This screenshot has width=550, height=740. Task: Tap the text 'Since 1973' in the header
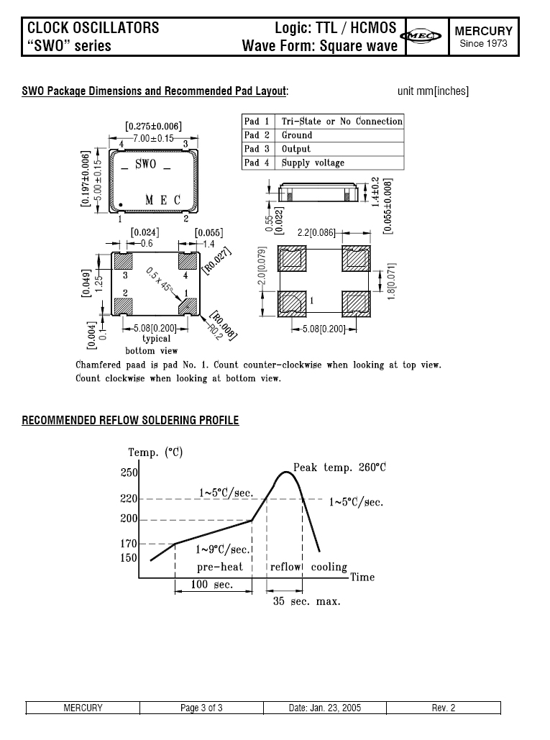(483, 44)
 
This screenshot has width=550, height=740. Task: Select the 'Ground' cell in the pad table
(297, 135)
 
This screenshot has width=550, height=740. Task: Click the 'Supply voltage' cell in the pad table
(313, 163)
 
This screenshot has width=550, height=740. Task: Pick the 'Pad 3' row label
(257, 149)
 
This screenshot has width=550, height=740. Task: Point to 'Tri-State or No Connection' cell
(342, 122)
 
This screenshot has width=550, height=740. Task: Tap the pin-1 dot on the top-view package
(121, 204)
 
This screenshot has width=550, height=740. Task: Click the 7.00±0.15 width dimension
(153, 138)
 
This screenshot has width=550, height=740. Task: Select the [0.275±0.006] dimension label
(153, 127)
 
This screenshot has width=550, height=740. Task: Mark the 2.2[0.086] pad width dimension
(316, 233)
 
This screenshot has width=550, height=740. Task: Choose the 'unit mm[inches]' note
(433, 91)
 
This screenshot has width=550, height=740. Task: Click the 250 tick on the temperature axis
(129, 473)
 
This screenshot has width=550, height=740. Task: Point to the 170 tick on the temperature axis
(129, 544)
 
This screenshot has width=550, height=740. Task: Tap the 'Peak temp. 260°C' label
(339, 467)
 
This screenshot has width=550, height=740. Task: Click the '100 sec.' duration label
(213, 585)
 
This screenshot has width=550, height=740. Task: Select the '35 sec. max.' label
(306, 600)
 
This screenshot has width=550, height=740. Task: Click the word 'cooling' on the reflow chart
(329, 567)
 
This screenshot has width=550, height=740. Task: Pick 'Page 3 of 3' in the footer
(201, 708)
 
